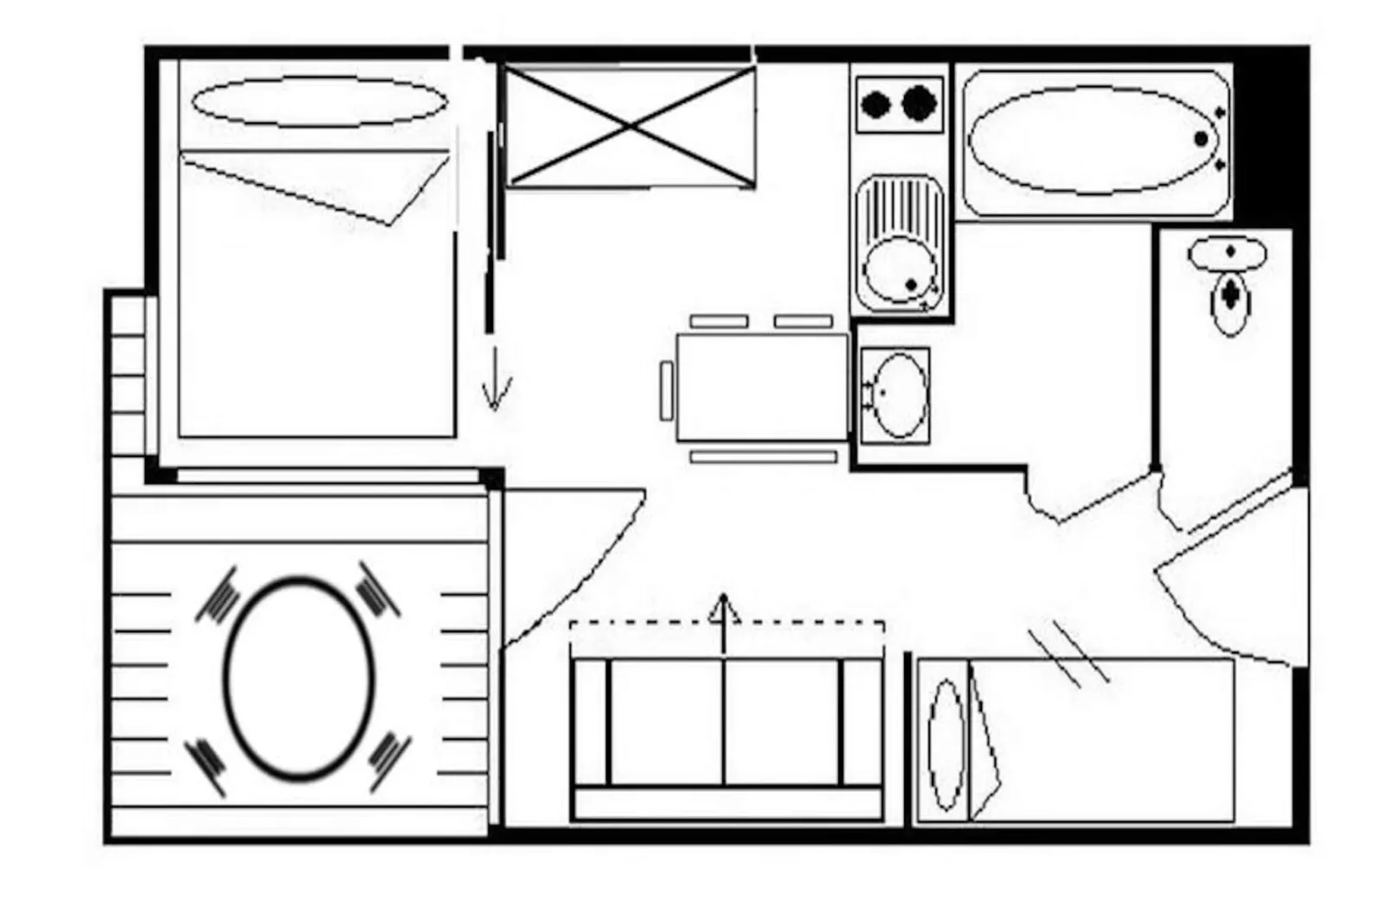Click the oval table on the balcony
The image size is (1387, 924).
pos(299,677)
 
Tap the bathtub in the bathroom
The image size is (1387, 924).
pos(1092,140)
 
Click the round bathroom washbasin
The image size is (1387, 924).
pos(899,396)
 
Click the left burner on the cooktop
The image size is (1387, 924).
pos(876,105)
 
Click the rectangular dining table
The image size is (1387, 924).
pos(762,387)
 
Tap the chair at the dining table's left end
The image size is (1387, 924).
pos(666,391)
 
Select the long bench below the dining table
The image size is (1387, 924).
pos(763,457)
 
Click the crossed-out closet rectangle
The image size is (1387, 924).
pos(630,128)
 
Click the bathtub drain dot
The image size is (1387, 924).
pos(1200,139)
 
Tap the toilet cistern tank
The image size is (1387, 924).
pos(1227,254)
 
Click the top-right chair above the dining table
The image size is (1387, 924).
pos(802,321)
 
